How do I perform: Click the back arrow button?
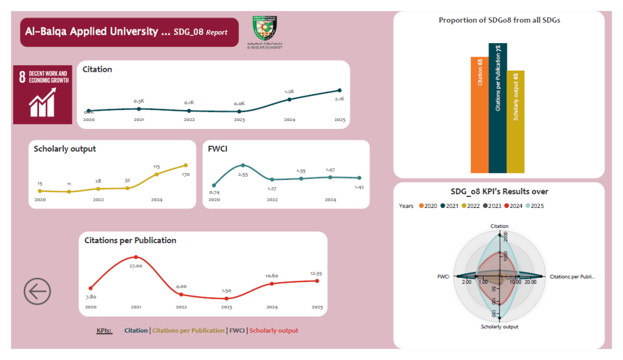[x=37, y=291]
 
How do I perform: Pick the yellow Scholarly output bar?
[x=515, y=122]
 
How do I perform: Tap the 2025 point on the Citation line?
[x=339, y=90]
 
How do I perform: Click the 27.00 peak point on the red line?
[x=136, y=257]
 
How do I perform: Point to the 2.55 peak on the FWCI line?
[x=243, y=165]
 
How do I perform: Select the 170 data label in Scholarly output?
[x=186, y=175]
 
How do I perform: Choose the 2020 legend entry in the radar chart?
[x=430, y=206]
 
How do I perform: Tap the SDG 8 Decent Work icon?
[x=42, y=94]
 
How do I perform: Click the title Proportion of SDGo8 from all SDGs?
[x=499, y=20]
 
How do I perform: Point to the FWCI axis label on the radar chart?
[x=443, y=277]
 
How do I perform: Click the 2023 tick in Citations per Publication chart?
[x=226, y=308]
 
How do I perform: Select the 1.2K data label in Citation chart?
[x=290, y=92]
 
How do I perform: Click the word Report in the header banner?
[x=217, y=32]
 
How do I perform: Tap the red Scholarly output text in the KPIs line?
[x=274, y=331]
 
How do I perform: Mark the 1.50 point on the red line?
[x=226, y=299]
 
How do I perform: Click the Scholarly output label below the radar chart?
[x=499, y=327]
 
